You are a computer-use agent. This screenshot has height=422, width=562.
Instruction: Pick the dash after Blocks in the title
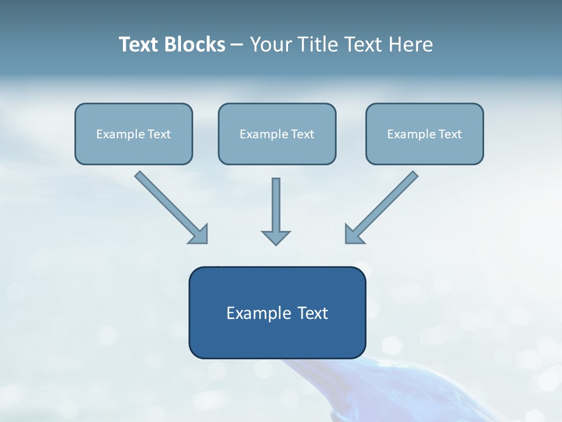click(237, 45)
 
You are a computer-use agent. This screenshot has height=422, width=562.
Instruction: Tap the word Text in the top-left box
click(159, 134)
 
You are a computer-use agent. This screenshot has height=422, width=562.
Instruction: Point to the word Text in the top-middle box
click(302, 134)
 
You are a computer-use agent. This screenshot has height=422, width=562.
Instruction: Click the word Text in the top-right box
click(450, 134)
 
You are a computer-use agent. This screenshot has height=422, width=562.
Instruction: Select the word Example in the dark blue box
click(258, 313)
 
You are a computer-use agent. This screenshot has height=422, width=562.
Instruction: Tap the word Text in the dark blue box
click(313, 313)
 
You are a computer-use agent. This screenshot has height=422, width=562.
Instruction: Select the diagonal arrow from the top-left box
click(170, 206)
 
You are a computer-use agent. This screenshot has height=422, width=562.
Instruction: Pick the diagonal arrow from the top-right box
click(383, 206)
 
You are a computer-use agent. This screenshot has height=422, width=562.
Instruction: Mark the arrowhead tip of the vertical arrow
click(276, 244)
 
